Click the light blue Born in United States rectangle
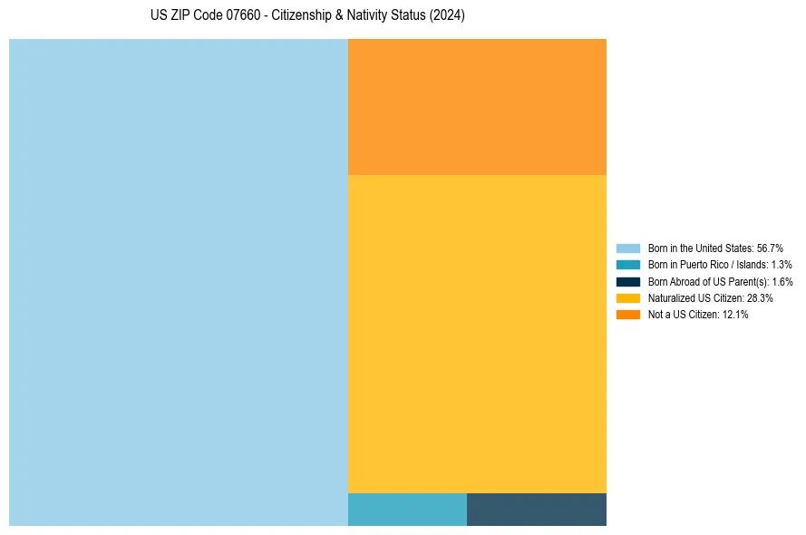pyautogui.click(x=179, y=282)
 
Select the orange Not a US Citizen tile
pyautogui.click(x=477, y=106)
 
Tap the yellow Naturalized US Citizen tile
pyautogui.click(x=477, y=334)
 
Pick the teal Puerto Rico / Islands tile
pyautogui.click(x=407, y=510)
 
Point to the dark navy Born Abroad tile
pyautogui.click(x=537, y=510)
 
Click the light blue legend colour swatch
pyautogui.click(x=627, y=248)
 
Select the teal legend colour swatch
pyautogui.click(x=627, y=265)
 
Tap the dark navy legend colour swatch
pyautogui.click(x=627, y=281)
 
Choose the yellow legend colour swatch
pyautogui.click(x=627, y=297)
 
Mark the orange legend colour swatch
pyautogui.click(x=627, y=315)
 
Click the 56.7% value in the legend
pyautogui.click(x=770, y=248)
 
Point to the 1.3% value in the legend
pyautogui.click(x=781, y=265)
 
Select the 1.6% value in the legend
pyautogui.click(x=782, y=281)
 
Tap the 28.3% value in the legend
pyautogui.click(x=760, y=297)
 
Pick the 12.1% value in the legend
pyautogui.click(x=735, y=315)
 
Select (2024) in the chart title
pyautogui.click(x=447, y=16)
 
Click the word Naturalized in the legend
pyautogui.click(x=670, y=297)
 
